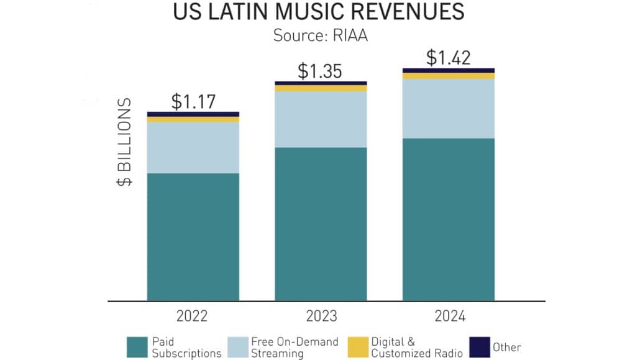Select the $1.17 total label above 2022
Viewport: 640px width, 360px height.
coord(193,101)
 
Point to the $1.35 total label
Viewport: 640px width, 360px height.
coord(320,70)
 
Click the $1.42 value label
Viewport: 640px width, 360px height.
coord(448,57)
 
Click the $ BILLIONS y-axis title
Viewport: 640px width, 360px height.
coord(126,142)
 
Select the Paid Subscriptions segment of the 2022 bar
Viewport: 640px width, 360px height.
coord(193,236)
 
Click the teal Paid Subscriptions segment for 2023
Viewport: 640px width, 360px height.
coord(321,224)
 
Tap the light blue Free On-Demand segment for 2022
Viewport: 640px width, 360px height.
coord(193,147)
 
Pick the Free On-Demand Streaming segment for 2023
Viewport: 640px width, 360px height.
coord(321,119)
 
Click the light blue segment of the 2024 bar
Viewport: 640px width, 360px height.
coord(449,109)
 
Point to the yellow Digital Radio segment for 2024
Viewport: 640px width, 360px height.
coord(449,76)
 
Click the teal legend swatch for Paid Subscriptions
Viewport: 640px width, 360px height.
coord(136,347)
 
